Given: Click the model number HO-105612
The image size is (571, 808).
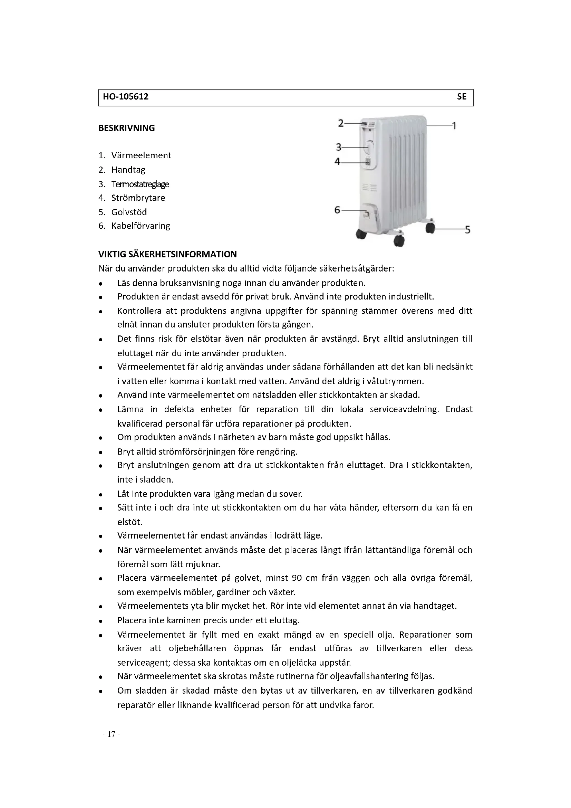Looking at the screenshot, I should pyautogui.click(x=126, y=97).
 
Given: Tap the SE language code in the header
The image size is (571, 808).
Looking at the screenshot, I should pyautogui.click(x=461, y=97).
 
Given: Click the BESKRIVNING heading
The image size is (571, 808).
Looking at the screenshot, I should pyautogui.click(x=127, y=128).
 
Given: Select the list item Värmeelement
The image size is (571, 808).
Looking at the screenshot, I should pyautogui.click(x=141, y=155).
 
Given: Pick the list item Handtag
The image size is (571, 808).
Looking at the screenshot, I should pyautogui.click(x=128, y=170).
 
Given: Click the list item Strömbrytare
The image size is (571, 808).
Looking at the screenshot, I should pyautogui.click(x=138, y=198).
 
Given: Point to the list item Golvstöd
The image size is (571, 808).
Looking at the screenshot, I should pyautogui.click(x=129, y=212).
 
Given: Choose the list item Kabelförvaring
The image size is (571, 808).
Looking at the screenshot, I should pyautogui.click(x=141, y=226).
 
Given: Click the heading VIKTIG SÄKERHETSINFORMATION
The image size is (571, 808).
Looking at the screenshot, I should pyautogui.click(x=167, y=254).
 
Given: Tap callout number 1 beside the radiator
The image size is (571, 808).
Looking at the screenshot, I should pyautogui.click(x=454, y=126).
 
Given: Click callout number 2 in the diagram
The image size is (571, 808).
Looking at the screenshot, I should pyautogui.click(x=340, y=123).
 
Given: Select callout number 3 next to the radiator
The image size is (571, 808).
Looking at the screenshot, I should pyautogui.click(x=338, y=147).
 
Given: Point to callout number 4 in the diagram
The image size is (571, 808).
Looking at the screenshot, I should pyautogui.click(x=337, y=162).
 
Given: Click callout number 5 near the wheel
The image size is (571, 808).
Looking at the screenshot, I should pyautogui.click(x=467, y=230).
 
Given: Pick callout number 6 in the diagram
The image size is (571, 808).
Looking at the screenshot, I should pyautogui.click(x=337, y=210).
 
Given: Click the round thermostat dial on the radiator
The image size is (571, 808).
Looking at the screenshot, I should pyautogui.click(x=369, y=147).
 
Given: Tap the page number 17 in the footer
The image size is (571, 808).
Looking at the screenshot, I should pyautogui.click(x=112, y=734).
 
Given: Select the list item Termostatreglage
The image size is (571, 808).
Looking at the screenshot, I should pyautogui.click(x=140, y=184).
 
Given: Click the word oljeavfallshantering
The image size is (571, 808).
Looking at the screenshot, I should pyautogui.click(x=369, y=676).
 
